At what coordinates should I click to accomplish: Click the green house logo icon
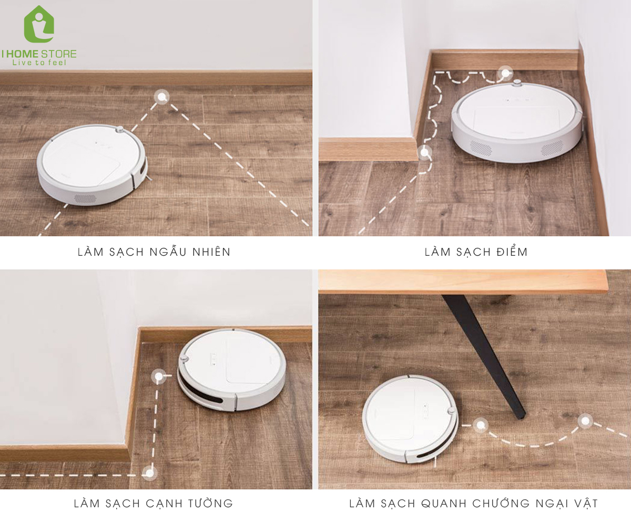39,24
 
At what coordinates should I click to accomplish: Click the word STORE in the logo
58,54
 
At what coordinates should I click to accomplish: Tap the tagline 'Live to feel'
39,63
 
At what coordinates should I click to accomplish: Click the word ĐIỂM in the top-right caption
512,251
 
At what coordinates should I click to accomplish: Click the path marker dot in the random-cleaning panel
161,97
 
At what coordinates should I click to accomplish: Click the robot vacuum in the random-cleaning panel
92,165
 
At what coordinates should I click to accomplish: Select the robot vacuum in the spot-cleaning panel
516,122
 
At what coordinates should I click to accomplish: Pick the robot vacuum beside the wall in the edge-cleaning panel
232,370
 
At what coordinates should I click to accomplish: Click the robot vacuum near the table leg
410,420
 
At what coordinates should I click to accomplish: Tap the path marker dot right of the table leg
585,421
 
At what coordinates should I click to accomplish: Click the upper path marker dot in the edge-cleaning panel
159,377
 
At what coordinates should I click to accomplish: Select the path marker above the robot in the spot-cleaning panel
505,73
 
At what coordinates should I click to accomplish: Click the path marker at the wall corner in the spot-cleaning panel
424,152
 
